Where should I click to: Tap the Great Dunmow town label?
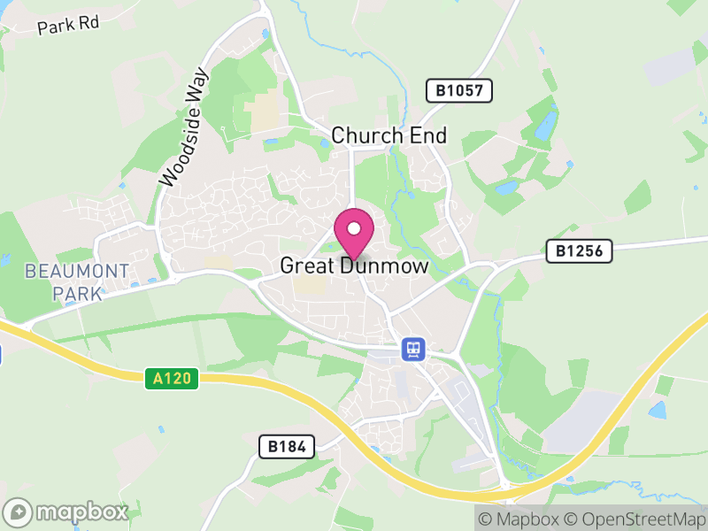(x=354, y=265)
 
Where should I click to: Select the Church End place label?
(x=389, y=135)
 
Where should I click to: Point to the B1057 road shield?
(x=458, y=90)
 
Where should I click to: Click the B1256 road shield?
(x=579, y=251)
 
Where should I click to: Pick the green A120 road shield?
(x=172, y=379)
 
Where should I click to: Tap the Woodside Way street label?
(x=183, y=127)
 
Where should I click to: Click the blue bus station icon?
(x=412, y=349)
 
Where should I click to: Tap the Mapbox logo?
(x=66, y=512)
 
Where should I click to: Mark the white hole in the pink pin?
(x=354, y=228)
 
